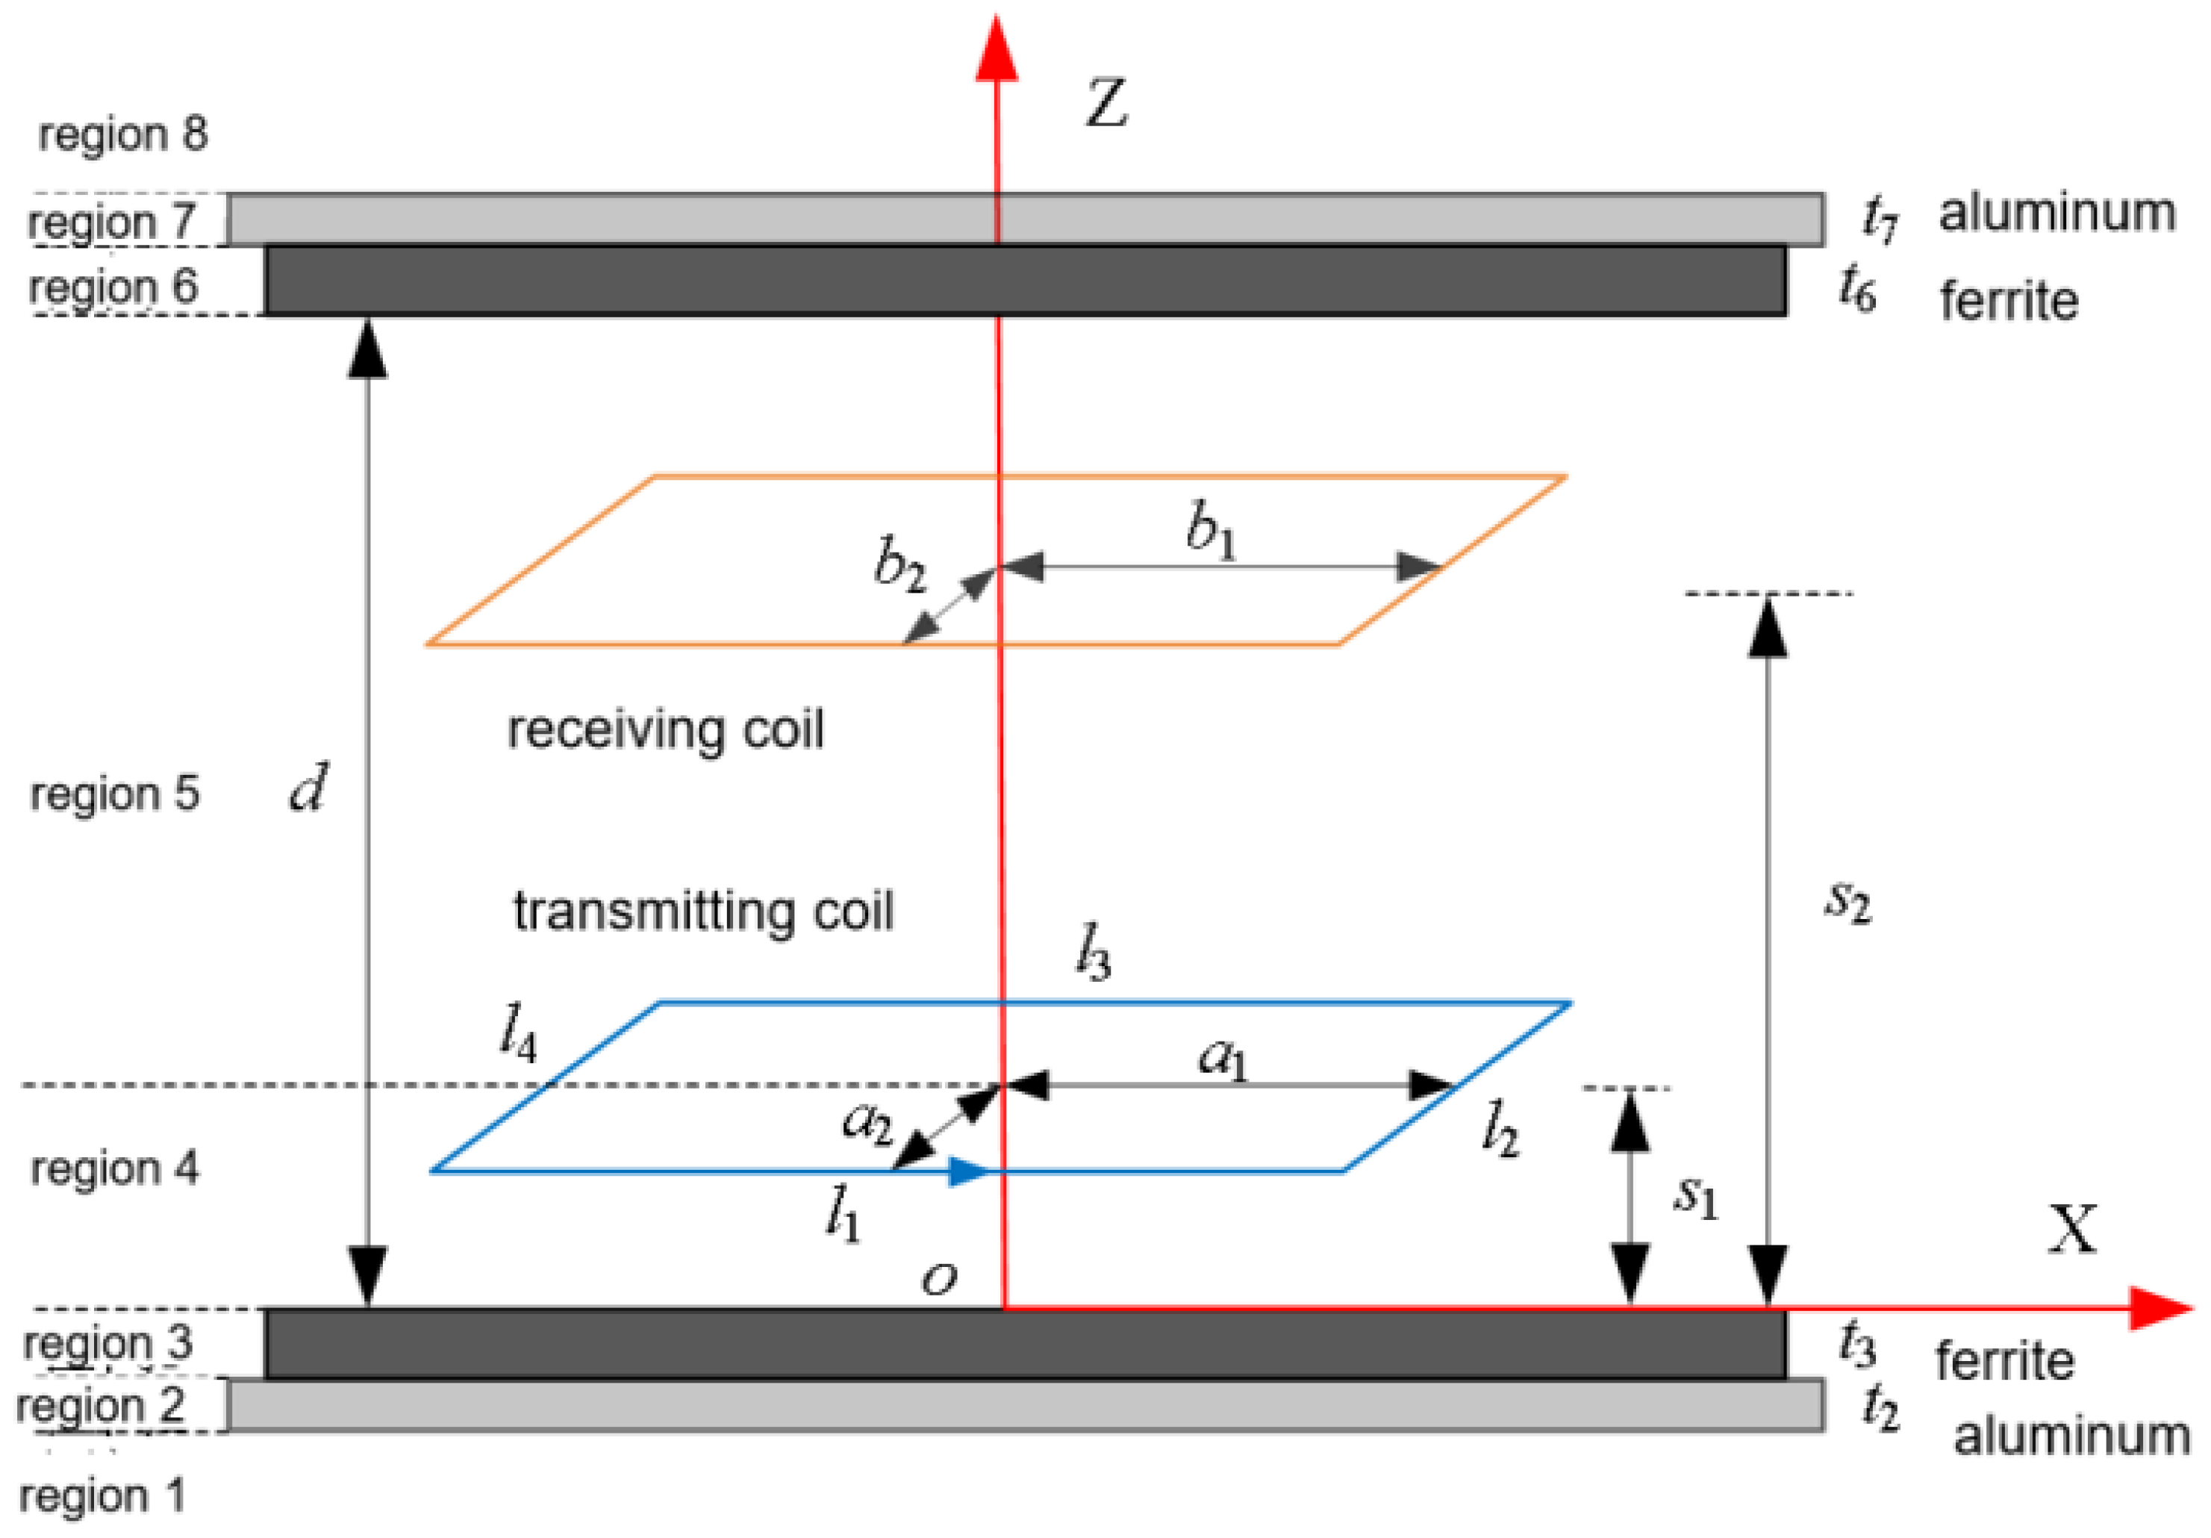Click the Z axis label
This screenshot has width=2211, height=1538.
pyautogui.click(x=1106, y=104)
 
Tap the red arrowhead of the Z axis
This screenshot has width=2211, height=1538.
pyautogui.click(x=997, y=48)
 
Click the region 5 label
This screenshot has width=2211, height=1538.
pyautogui.click(x=115, y=794)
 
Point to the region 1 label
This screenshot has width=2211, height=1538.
pyautogui.click(x=101, y=1495)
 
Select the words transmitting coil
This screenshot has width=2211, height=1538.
pyautogui.click(x=703, y=910)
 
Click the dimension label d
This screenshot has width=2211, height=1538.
pyautogui.click(x=308, y=788)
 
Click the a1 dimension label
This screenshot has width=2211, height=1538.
pyautogui.click(x=1222, y=1059)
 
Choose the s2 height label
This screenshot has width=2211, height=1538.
pyautogui.click(x=1847, y=900)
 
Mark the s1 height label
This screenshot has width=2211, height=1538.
pyautogui.click(x=1695, y=1196)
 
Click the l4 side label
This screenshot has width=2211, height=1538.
pyautogui.click(x=518, y=1032)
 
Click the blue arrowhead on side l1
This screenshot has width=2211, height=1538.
pyautogui.click(x=968, y=1171)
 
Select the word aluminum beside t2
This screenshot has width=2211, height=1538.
pyautogui.click(x=2071, y=1435)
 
